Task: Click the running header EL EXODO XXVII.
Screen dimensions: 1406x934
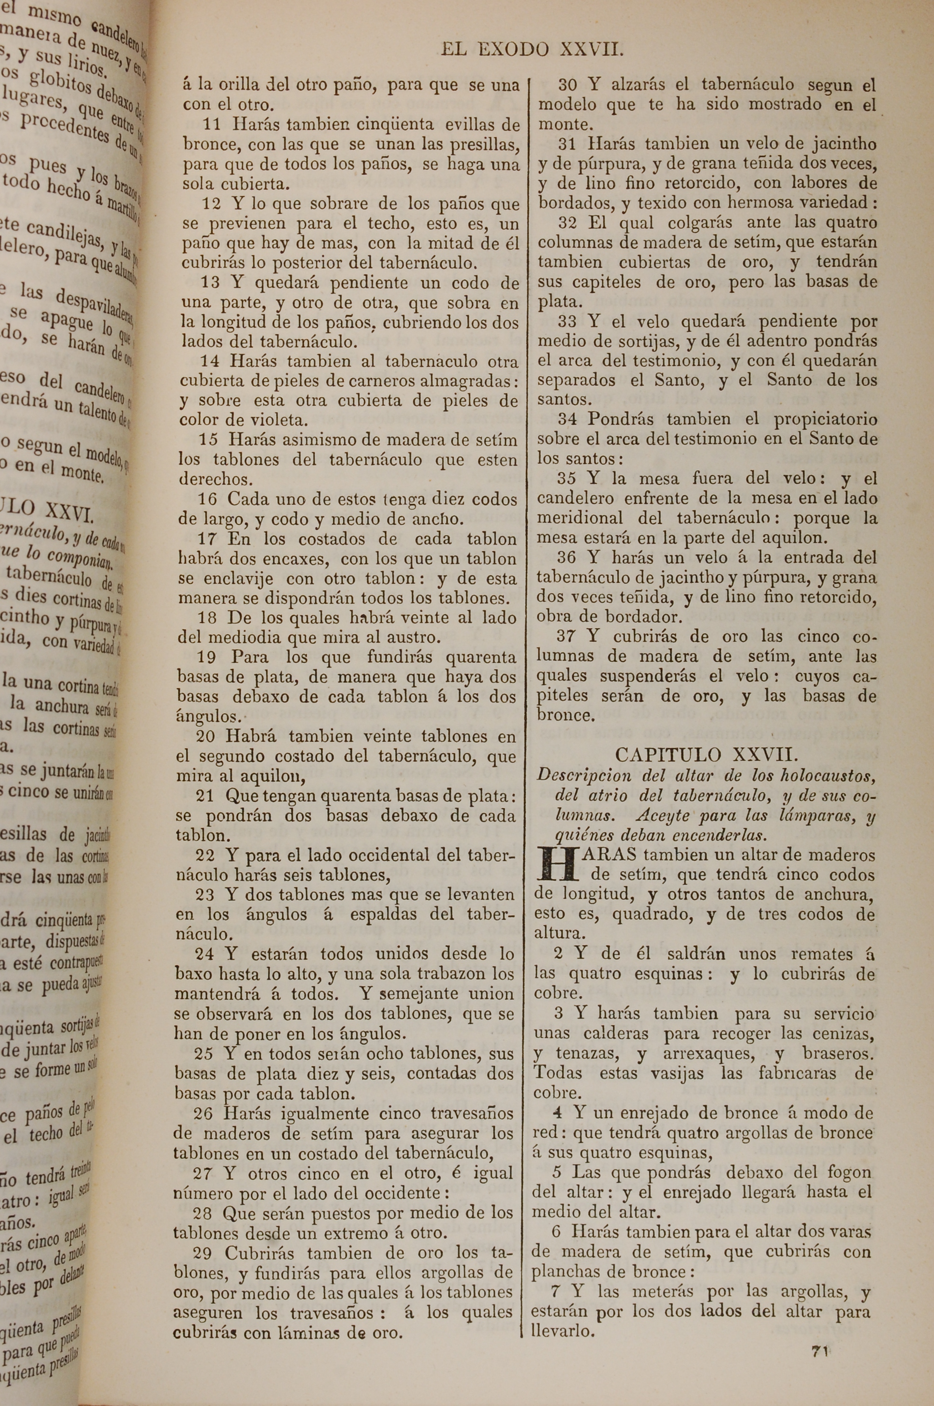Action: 532,49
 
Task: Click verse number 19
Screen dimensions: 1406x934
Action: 206,657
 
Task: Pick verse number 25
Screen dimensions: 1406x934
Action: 204,1054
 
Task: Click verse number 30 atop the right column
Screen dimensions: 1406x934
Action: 569,85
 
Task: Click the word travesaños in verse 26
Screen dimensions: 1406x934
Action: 472,1113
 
